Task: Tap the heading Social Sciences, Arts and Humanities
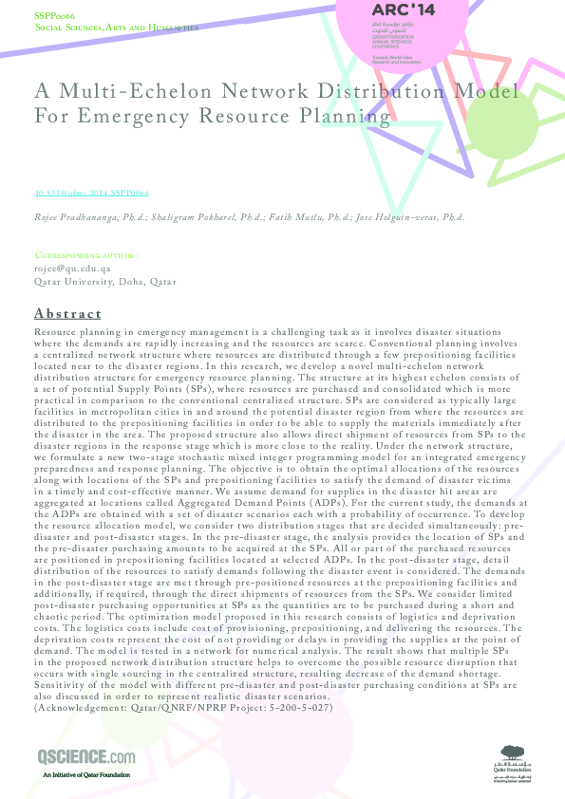click(x=117, y=28)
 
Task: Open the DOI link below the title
click(x=92, y=193)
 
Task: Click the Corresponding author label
click(x=87, y=256)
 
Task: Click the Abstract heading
click(x=67, y=314)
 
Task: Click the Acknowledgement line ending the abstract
click(x=183, y=708)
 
